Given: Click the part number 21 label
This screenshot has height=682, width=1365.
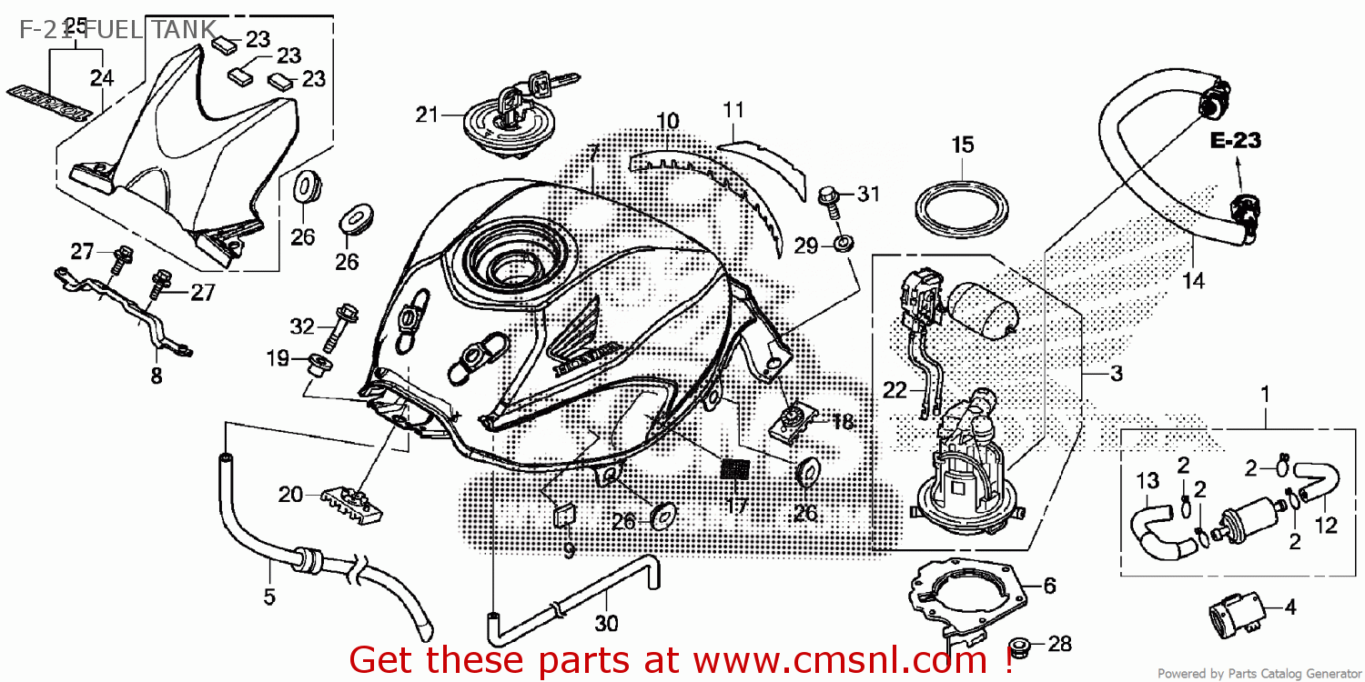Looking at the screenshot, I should tap(427, 115).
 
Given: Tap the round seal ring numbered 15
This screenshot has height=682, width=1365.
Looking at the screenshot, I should tap(962, 209).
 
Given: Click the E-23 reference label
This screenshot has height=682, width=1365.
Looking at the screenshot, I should tap(1235, 141).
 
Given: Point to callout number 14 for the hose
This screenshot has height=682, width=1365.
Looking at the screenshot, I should tap(1193, 281).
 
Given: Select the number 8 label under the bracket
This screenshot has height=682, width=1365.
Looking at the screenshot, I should tap(157, 376).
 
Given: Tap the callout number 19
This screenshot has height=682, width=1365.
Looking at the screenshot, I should tap(278, 359).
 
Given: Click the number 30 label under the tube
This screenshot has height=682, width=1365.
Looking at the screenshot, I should tap(606, 624).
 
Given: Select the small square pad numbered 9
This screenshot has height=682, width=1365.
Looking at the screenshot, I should tap(564, 517).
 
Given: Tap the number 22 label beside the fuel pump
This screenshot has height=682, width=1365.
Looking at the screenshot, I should tap(895, 390).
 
